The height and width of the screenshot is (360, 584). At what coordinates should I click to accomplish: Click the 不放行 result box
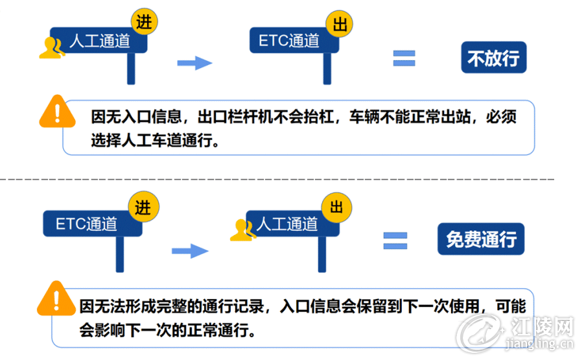[493, 57]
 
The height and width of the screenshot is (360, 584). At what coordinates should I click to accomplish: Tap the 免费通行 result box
[481, 239]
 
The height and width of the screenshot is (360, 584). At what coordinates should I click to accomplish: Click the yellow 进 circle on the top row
[144, 21]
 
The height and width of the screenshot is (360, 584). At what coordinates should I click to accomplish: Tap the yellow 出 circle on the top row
[339, 24]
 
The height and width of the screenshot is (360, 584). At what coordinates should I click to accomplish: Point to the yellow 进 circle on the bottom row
[143, 206]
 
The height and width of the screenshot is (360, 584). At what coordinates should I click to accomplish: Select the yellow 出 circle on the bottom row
[336, 208]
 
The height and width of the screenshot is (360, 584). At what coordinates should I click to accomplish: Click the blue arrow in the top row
[194, 63]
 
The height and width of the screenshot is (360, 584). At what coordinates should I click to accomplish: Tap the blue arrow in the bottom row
[190, 251]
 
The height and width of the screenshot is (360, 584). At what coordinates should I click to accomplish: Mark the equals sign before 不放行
[404, 58]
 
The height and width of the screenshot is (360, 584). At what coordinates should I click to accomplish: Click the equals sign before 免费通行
[395, 241]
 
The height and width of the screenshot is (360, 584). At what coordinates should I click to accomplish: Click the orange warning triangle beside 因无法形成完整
[56, 299]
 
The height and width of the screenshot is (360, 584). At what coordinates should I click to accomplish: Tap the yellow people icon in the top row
[52, 48]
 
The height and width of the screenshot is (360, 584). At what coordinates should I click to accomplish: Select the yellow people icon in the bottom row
[243, 230]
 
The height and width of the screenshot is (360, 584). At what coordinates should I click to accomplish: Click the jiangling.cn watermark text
[539, 344]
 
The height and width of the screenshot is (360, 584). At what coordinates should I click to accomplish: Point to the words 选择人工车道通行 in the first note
[152, 141]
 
